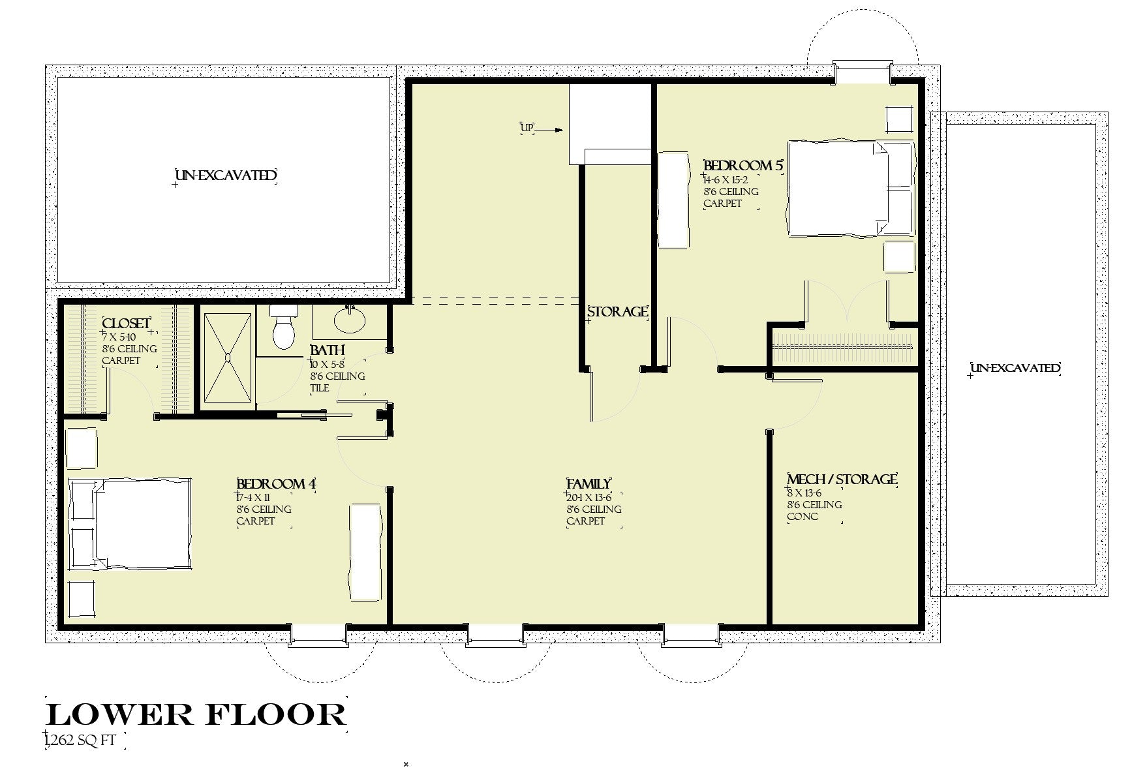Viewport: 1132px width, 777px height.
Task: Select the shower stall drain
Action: (228, 358)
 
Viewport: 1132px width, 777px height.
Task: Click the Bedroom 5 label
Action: (742, 166)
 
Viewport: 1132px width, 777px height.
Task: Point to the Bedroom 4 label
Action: (276, 484)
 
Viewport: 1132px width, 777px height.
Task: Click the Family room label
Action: (589, 484)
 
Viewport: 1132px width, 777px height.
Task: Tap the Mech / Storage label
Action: (842, 480)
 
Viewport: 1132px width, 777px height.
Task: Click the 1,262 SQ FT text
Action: (83, 741)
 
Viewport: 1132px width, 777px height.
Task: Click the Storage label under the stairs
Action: (617, 312)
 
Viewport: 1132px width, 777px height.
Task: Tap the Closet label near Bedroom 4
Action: (127, 324)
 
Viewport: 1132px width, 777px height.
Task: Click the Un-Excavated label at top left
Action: (225, 176)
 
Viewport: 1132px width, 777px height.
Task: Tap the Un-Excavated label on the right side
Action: (1015, 368)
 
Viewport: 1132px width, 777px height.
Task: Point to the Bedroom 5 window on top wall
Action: (862, 72)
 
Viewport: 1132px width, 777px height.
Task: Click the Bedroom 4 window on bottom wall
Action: (318, 635)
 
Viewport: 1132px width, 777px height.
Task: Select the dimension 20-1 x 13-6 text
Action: (589, 497)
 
